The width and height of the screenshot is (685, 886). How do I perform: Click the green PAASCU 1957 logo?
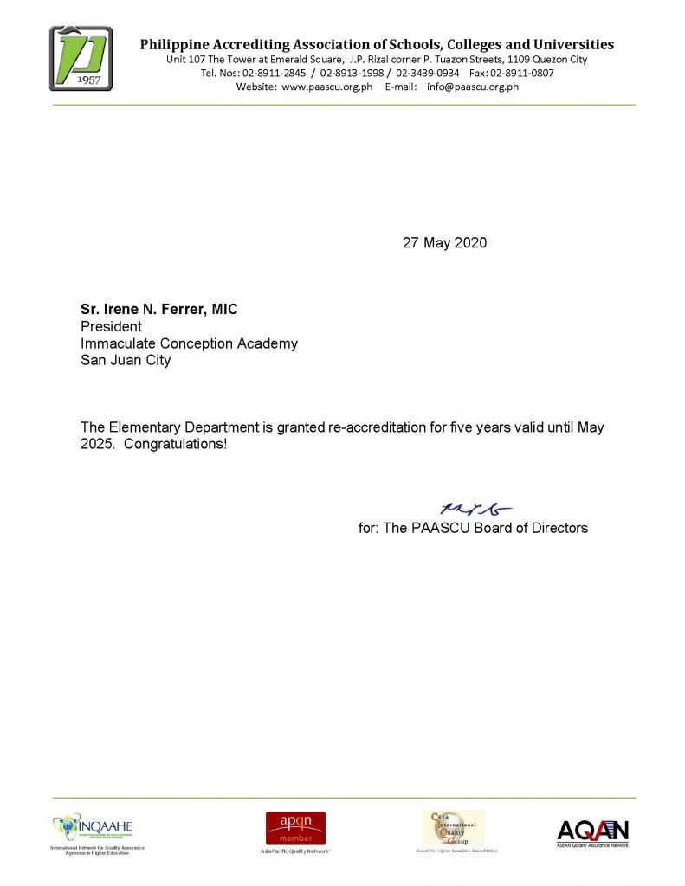click(x=81, y=58)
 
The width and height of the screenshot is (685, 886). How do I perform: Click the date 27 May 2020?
click(x=444, y=243)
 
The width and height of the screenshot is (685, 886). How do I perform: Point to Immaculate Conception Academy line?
click(x=189, y=343)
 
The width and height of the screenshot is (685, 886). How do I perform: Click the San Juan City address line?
click(x=126, y=361)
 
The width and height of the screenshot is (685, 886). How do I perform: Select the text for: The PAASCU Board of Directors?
click(x=473, y=528)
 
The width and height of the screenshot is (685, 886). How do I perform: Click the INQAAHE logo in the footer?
click(x=93, y=828)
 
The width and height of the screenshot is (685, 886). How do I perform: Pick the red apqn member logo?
click(x=295, y=828)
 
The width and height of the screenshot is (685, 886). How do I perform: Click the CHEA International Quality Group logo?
click(x=452, y=828)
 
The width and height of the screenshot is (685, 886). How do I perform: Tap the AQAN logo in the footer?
click(x=592, y=832)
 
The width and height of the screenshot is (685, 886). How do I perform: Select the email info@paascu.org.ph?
click(x=473, y=87)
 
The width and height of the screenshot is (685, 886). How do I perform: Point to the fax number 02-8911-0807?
click(x=522, y=74)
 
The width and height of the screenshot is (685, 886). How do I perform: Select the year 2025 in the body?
click(x=96, y=445)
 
